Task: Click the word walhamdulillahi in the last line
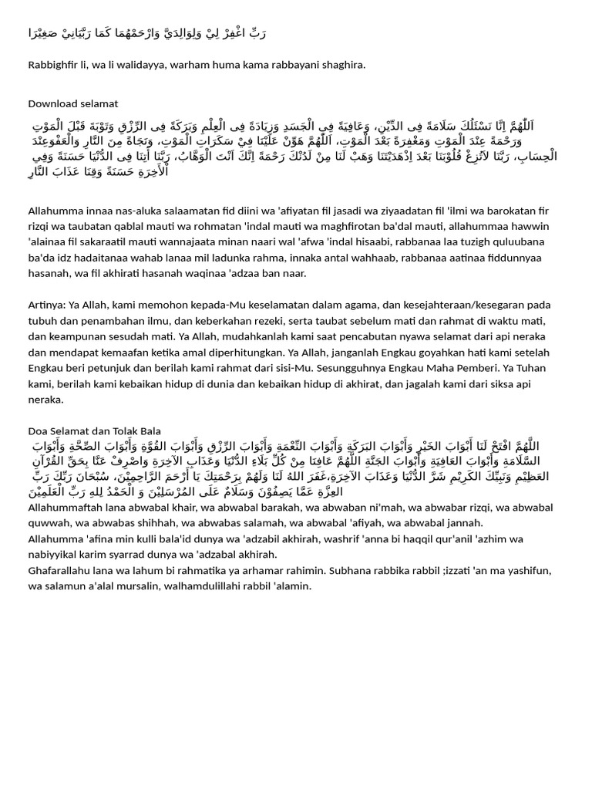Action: click(x=183, y=586)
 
